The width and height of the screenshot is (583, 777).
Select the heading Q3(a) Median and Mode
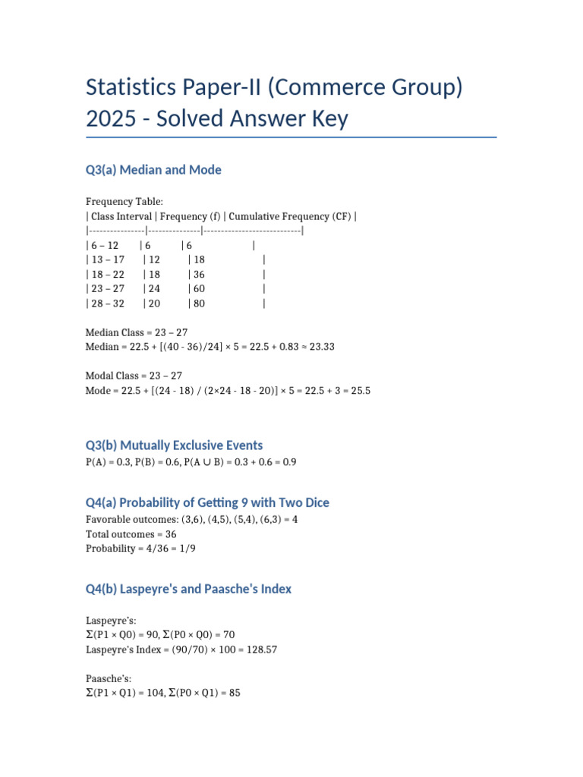(153, 170)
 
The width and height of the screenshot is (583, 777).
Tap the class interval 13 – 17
(107, 260)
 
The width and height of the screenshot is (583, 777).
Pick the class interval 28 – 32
(107, 304)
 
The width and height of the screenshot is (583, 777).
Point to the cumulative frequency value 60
(199, 289)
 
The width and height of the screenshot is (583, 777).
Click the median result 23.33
(319, 347)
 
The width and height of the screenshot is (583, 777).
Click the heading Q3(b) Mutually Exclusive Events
(175, 445)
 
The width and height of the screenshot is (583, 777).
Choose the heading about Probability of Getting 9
(207, 503)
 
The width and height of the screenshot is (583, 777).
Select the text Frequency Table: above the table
(124, 202)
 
